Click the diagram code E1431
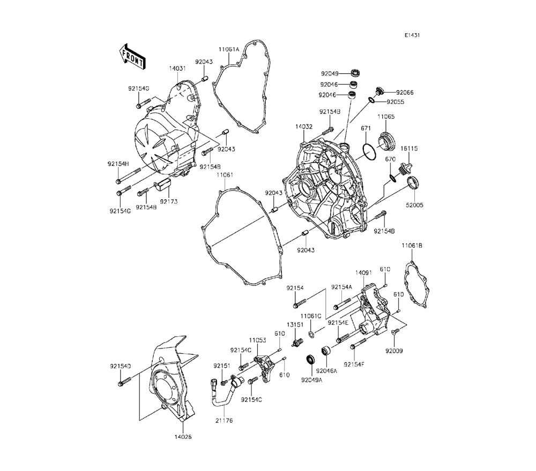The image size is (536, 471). point(412,35)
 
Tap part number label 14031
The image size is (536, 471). point(177,69)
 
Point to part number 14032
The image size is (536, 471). point(303,127)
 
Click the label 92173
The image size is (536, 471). point(168,201)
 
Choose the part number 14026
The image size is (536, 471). point(182,437)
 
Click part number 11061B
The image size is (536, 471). point(412,245)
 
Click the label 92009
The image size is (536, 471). point(394,351)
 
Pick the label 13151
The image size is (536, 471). point(294,325)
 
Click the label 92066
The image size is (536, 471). point(405,92)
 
